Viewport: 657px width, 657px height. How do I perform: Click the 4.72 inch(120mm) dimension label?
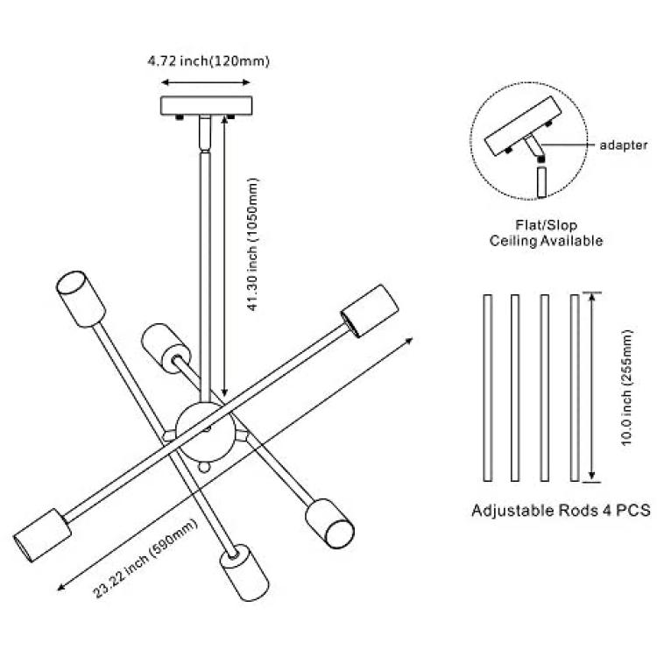(208, 61)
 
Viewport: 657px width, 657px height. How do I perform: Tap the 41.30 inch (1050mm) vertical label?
(253, 244)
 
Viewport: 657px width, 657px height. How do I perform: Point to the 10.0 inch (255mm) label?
(627, 387)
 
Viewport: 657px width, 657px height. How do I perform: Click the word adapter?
(624, 145)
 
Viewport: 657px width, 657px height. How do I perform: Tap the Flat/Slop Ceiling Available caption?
(546, 233)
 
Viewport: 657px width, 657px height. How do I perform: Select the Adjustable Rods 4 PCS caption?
(561, 511)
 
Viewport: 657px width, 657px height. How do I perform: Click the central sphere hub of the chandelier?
(203, 432)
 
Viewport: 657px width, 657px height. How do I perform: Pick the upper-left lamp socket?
(81, 299)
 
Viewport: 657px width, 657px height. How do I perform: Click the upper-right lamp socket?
(369, 310)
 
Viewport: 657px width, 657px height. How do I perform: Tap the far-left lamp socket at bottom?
(41, 535)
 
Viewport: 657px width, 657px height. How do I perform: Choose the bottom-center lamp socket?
(244, 573)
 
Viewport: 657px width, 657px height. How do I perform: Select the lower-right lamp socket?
(329, 523)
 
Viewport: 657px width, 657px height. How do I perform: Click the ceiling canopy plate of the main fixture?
(207, 106)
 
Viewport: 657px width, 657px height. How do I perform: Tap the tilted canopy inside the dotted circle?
(523, 126)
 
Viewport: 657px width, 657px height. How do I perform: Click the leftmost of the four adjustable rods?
(487, 387)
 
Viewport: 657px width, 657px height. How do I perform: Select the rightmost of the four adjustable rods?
(575, 387)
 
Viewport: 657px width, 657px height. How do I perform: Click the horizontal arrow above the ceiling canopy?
(206, 82)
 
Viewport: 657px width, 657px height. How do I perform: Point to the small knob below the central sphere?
(204, 466)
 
